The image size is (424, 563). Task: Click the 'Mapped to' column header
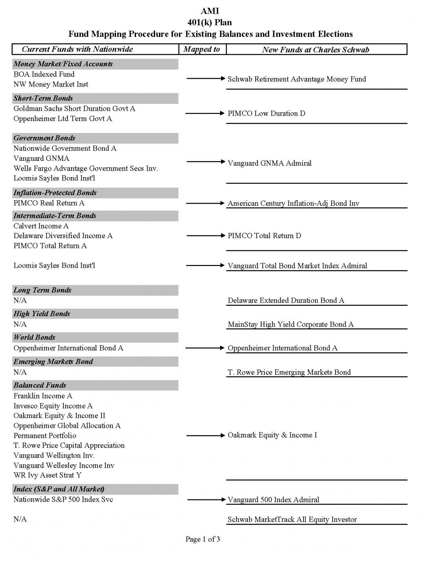(x=202, y=49)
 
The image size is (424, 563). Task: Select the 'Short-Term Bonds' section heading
(x=43, y=98)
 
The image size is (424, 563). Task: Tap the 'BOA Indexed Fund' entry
(x=44, y=74)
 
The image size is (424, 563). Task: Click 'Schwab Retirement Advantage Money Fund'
(x=297, y=79)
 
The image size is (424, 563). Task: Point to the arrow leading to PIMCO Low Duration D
(x=205, y=113)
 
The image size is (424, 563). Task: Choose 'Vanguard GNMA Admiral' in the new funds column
(x=269, y=163)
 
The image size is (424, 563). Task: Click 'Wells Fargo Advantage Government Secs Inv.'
(x=86, y=169)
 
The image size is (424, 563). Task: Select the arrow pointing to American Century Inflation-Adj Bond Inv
(x=205, y=203)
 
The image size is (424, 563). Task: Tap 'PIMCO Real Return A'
(x=49, y=203)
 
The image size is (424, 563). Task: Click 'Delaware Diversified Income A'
(x=63, y=236)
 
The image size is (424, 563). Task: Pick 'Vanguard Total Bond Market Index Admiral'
(x=297, y=266)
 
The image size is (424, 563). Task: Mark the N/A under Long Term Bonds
(x=20, y=301)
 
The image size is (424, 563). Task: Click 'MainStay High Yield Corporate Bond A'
(x=290, y=324)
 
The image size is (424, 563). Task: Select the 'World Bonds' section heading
(x=34, y=337)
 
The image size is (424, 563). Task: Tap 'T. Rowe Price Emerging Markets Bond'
(x=289, y=372)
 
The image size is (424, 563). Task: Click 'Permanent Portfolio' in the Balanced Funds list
(x=45, y=436)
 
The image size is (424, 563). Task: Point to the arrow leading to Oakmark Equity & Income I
(x=205, y=435)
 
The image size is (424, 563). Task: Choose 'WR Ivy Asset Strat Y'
(x=47, y=475)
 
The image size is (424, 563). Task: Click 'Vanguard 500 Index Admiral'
(x=273, y=500)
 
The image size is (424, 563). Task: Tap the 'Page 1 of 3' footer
(x=203, y=539)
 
